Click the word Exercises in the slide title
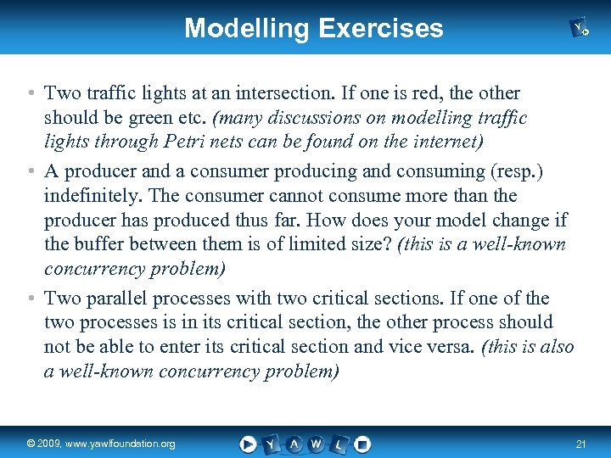[x=381, y=28]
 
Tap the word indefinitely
[x=92, y=195]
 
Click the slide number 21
[x=580, y=444]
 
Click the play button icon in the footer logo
[x=248, y=444]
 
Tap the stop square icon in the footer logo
[x=362, y=444]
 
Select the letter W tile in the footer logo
[x=316, y=444]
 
